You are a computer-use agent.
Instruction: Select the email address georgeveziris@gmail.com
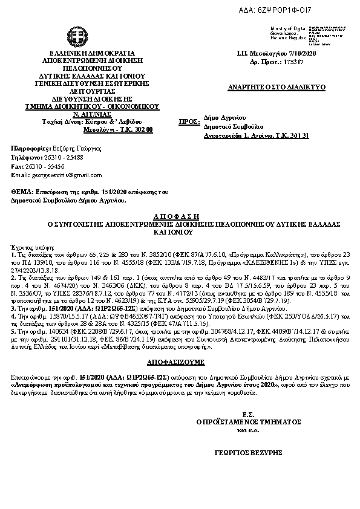[x=67, y=175]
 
